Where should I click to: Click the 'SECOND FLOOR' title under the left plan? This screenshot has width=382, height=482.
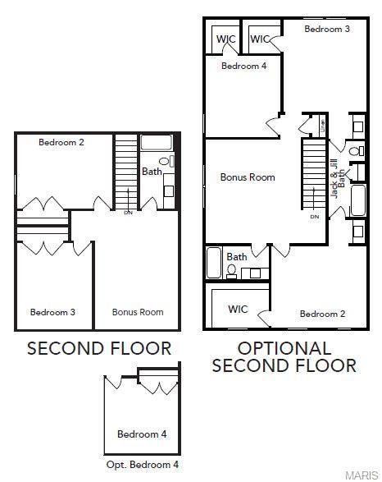tap(99, 348)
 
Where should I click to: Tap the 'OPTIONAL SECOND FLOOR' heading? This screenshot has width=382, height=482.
tap(284, 357)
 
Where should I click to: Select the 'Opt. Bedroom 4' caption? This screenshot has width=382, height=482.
tap(142, 465)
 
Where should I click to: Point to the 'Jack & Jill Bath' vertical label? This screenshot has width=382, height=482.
tap(334, 175)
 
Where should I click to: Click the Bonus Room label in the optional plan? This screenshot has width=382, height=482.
tap(248, 177)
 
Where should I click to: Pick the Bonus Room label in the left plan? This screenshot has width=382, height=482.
tap(138, 312)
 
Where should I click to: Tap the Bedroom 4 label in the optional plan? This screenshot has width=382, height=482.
tap(243, 67)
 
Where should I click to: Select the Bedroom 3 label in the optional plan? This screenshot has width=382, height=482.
tap(327, 29)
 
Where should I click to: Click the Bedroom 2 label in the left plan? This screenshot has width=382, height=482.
tap(61, 142)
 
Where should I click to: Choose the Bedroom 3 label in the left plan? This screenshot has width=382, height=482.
tap(53, 312)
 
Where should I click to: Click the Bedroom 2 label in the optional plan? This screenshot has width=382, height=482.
tap(322, 314)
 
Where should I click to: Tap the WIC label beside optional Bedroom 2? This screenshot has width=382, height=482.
tap(238, 310)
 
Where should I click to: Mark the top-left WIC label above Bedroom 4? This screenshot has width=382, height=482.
tap(225, 39)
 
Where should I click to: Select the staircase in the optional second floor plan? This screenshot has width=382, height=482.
tap(315, 174)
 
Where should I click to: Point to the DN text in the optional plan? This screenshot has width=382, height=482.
tap(315, 217)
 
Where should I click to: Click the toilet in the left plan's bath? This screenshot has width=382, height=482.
tap(164, 162)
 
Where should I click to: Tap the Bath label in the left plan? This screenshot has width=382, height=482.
tap(152, 172)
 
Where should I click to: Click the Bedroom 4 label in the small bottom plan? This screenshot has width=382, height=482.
tap(142, 434)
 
